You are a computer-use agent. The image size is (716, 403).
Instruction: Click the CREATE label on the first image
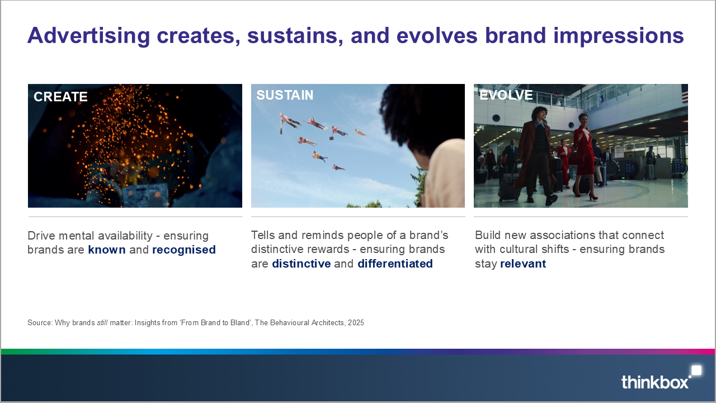[x=60, y=97]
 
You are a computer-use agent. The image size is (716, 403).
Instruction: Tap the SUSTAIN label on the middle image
[x=285, y=95]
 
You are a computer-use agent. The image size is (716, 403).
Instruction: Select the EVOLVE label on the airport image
[x=506, y=95]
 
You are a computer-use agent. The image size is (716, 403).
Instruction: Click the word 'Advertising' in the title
[x=89, y=36]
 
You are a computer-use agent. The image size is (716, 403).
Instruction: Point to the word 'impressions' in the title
[x=619, y=36]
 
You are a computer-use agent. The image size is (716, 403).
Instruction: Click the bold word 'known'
[x=107, y=250]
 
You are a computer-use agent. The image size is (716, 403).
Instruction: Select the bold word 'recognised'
[x=184, y=250]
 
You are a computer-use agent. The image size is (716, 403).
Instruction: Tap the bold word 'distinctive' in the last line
[x=302, y=264]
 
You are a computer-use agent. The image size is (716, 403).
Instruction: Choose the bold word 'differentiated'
[x=395, y=264]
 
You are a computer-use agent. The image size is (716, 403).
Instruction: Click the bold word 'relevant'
[x=523, y=264]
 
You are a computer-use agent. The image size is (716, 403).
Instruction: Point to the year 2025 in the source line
[x=356, y=322]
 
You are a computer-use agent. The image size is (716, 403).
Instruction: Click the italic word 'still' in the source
[x=102, y=322]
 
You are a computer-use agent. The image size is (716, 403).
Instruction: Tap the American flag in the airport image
[x=685, y=93]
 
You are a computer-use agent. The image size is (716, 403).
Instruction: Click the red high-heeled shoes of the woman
[x=585, y=195]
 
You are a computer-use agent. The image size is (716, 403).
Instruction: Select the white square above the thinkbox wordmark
[x=696, y=371]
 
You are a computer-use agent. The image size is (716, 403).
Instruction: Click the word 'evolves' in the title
[x=437, y=36]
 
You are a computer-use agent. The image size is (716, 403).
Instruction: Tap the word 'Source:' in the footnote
[x=40, y=322]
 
